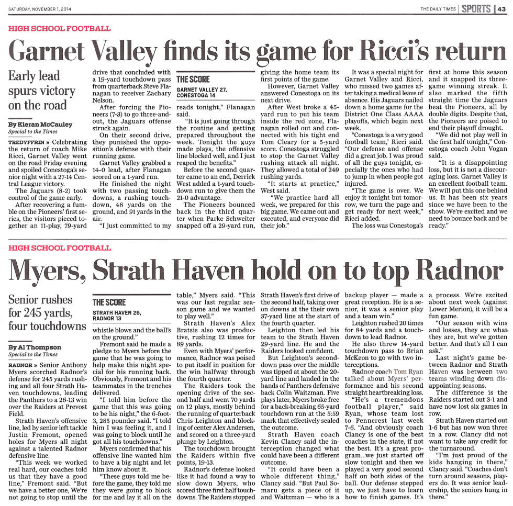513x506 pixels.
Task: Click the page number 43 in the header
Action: pyautogui.click(x=502, y=8)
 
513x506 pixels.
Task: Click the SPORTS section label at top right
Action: pyautogui.click(x=476, y=8)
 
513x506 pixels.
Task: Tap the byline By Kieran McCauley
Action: pyautogui.click(x=40, y=125)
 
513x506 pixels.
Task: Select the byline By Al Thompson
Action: pyautogui.click(x=36, y=347)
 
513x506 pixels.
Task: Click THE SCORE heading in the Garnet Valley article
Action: pyautogui.click(x=193, y=79)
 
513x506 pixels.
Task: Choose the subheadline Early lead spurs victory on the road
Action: pyautogui.click(x=38, y=90)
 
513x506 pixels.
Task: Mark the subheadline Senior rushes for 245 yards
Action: pyautogui.click(x=46, y=312)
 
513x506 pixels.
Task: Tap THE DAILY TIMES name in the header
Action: pyautogui.click(x=438, y=9)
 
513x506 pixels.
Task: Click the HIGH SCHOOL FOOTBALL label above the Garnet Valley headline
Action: pyautogui.click(x=60, y=28)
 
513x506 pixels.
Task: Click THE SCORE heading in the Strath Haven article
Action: pyautogui.click(x=109, y=302)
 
